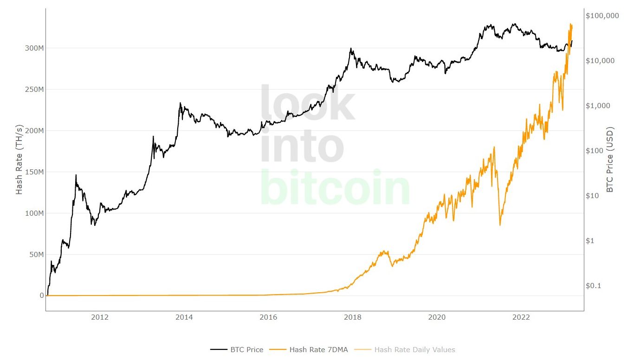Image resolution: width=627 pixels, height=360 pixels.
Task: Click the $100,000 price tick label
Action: click(602, 16)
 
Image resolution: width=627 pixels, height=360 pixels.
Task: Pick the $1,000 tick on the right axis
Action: click(598, 106)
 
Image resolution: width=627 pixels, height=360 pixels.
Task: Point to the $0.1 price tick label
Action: click(594, 286)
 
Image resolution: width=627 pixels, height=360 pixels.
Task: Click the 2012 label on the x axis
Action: click(100, 317)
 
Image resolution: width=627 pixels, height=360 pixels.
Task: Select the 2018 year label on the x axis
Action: click(353, 317)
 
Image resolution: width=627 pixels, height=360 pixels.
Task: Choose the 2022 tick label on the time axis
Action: click(521, 317)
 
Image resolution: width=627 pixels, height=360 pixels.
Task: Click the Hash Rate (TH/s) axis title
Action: click(19, 159)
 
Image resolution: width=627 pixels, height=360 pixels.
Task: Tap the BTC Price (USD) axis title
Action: click(610, 159)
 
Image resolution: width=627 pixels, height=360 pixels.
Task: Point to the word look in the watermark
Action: click(307, 103)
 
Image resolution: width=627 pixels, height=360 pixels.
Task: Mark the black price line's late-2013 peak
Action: click(180, 103)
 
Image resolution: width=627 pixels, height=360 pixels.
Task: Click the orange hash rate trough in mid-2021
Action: click(500, 225)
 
